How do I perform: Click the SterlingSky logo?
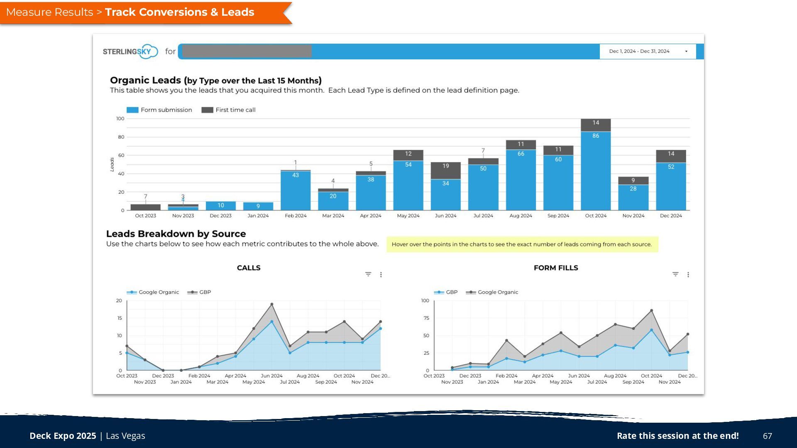coord(130,51)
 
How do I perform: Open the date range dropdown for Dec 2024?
coord(648,51)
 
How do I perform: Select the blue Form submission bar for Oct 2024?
coord(596,170)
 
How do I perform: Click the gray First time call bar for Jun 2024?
coord(445,170)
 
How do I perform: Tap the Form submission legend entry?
coord(159,110)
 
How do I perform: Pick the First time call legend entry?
coord(229,110)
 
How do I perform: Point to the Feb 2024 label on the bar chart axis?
coord(296,216)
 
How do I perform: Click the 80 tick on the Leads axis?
coord(121,137)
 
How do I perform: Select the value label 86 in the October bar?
coord(596,136)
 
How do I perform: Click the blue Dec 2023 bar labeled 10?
coord(220,206)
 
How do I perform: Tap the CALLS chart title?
coord(249,268)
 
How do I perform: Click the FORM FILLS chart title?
coord(556,268)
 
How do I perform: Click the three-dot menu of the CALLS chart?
coord(381,275)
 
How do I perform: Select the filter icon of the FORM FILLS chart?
coord(675,274)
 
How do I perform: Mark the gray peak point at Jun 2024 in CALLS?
coord(272,304)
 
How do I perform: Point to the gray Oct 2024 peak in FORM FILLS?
coord(652,310)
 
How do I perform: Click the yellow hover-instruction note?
coord(522,244)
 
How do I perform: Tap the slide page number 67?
coord(768,436)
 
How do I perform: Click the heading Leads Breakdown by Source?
coord(176,234)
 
